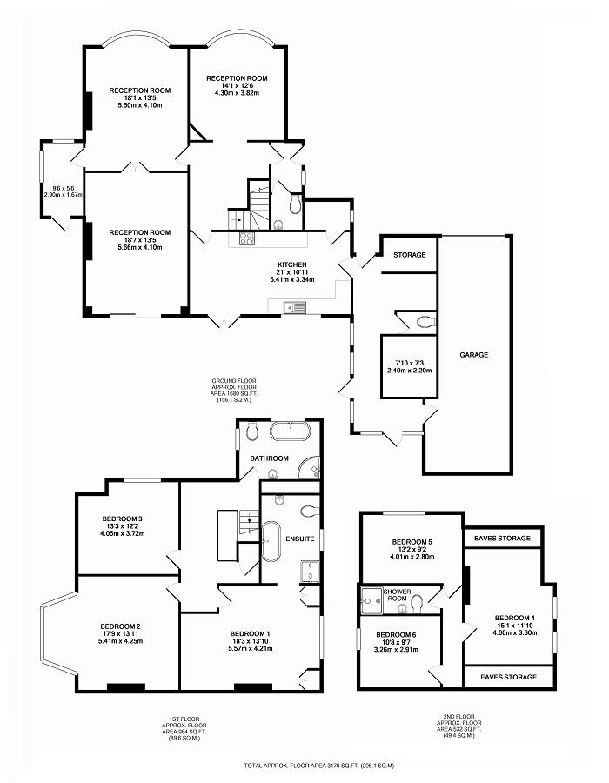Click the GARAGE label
coord(474,355)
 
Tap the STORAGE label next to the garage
coord(409,255)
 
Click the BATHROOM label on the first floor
coord(270,458)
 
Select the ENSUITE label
coord(300,539)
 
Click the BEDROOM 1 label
coord(251,632)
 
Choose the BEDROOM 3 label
coord(122,519)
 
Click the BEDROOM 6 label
coord(395,634)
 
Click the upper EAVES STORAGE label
coord(502,539)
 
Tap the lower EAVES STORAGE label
coord(502,676)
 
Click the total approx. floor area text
coord(319,766)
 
